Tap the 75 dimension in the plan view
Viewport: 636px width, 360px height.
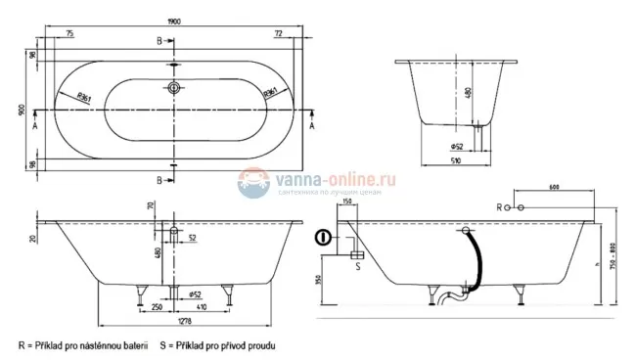pos(69,33)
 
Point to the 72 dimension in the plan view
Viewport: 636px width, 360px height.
pos(279,33)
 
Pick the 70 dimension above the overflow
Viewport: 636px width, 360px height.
pos(150,206)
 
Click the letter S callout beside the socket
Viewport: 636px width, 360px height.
pos(358,265)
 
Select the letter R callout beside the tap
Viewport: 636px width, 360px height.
pos(501,208)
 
